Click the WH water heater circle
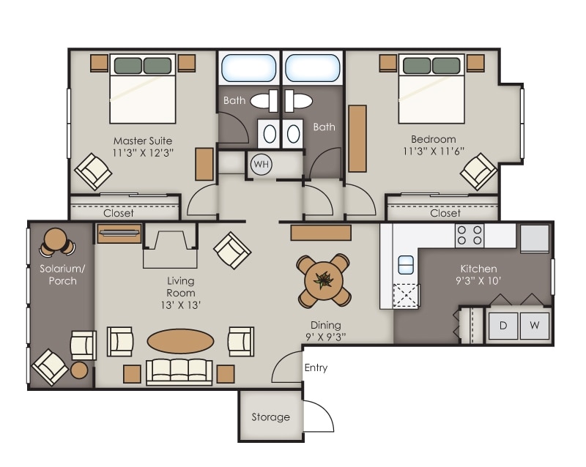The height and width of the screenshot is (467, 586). pyautogui.click(x=261, y=164)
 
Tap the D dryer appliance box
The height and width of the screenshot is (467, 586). pyautogui.click(x=503, y=325)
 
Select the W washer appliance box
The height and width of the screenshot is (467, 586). pyautogui.click(x=535, y=325)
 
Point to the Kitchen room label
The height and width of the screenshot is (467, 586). pyautogui.click(x=478, y=269)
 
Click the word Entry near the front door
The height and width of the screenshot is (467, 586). pyautogui.click(x=316, y=368)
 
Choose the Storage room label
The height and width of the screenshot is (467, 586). pyautogui.click(x=270, y=417)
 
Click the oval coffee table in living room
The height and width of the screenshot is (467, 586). pyautogui.click(x=181, y=341)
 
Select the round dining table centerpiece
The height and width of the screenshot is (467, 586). pyautogui.click(x=323, y=279)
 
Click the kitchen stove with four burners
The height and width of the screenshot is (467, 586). pyautogui.click(x=470, y=235)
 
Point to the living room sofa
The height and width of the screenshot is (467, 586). pyautogui.click(x=179, y=372)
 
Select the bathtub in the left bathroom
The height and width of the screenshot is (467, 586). pyautogui.click(x=248, y=68)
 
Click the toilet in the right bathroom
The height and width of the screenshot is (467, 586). pyautogui.click(x=300, y=100)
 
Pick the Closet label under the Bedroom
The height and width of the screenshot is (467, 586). pyautogui.click(x=445, y=214)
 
